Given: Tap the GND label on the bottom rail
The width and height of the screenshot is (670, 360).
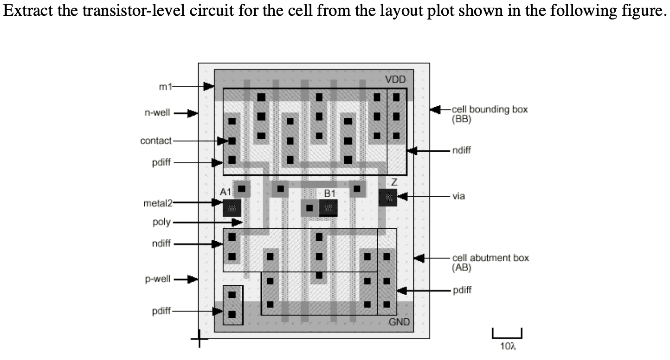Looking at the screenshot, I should pos(399,322).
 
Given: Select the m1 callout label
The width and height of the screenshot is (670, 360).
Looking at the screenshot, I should pos(165,86).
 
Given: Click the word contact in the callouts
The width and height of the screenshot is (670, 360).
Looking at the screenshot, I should pos(156,141).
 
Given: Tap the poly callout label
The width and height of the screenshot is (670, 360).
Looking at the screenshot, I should pos(161,222).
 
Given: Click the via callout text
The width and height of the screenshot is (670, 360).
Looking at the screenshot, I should pos(459,196).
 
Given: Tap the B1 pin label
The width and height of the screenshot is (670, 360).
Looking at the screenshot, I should pos(330,193).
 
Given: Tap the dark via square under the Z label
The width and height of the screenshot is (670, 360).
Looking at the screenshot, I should pos(388,198).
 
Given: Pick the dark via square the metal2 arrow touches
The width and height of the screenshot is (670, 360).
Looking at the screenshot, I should pos(232,207).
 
